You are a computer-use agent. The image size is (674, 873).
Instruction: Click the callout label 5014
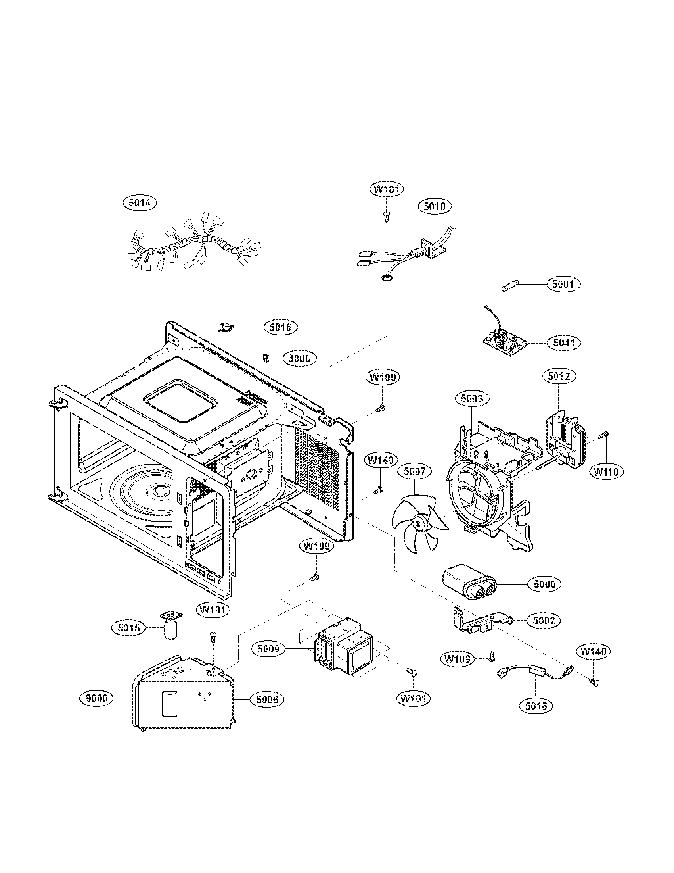(140, 203)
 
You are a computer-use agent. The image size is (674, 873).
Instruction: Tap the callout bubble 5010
(435, 206)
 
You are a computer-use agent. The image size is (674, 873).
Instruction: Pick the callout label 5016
(280, 327)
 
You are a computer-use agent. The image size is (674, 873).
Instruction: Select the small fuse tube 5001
(509, 288)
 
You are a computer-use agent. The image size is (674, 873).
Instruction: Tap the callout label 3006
(299, 358)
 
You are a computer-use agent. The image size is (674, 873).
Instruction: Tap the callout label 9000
(97, 698)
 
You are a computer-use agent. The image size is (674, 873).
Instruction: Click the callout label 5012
(559, 376)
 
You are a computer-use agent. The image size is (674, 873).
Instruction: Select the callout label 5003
(471, 398)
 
